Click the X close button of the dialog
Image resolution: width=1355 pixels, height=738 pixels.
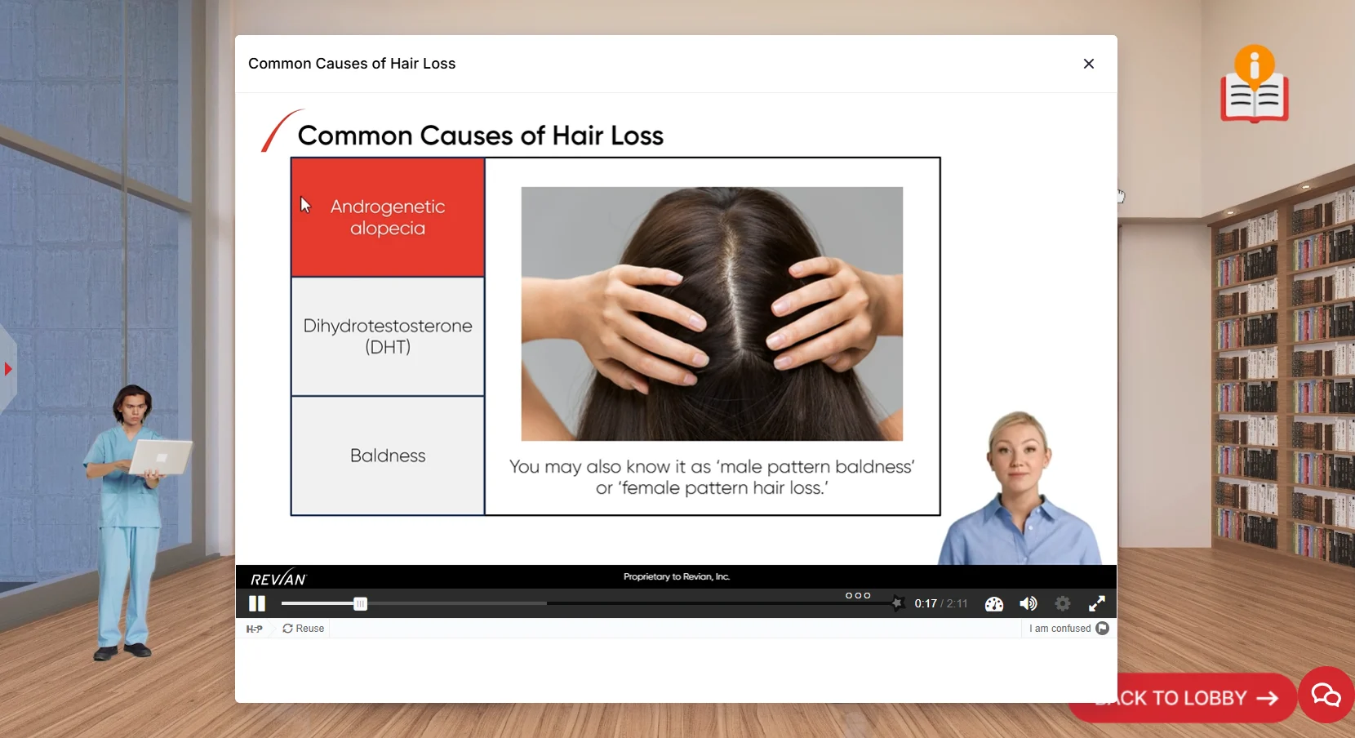coord(1088,64)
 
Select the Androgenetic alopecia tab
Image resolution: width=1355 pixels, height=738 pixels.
coord(388,217)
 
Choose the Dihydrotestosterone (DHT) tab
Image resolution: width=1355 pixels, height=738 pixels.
coord(388,336)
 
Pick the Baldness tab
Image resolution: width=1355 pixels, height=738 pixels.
coord(388,456)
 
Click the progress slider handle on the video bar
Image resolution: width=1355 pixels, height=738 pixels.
coord(360,604)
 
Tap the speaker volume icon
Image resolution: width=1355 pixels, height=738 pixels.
coord(1028,604)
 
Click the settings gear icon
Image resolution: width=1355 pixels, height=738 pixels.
coord(1062,604)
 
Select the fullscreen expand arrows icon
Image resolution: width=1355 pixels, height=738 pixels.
coord(1097,604)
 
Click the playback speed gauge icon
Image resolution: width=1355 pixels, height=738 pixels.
coord(994,604)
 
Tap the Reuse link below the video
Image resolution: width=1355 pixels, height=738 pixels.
coord(303,629)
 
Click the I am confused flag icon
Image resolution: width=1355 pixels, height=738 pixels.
coord(1102,629)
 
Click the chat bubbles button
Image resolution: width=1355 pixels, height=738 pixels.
coord(1326,695)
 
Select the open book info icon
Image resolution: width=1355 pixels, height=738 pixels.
coord(1255,85)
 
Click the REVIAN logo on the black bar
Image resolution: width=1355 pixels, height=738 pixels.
coord(278,578)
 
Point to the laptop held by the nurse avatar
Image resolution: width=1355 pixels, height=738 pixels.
coord(161,456)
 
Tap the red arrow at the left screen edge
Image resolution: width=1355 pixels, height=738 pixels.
coord(8,369)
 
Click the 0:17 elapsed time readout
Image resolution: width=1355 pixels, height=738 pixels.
coord(926,604)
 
